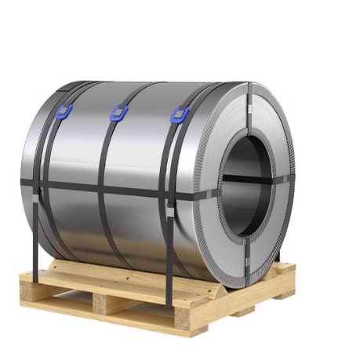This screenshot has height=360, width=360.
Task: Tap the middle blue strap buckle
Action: (118, 113)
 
